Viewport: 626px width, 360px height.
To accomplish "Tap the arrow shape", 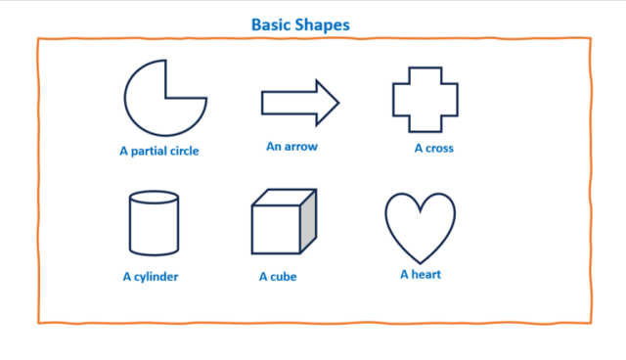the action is pos(293,102).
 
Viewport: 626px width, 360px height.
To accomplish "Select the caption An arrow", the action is pos(291,147).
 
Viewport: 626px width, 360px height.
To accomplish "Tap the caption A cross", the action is pos(433,149).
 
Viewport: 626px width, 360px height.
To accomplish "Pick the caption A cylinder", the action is pos(151,277).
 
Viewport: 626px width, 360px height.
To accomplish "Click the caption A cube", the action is pos(278,277).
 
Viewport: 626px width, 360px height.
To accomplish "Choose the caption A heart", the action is pos(421,274).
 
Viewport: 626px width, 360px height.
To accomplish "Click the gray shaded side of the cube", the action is pos(309,220).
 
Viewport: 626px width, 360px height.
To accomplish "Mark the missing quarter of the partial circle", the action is pos(186,78).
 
